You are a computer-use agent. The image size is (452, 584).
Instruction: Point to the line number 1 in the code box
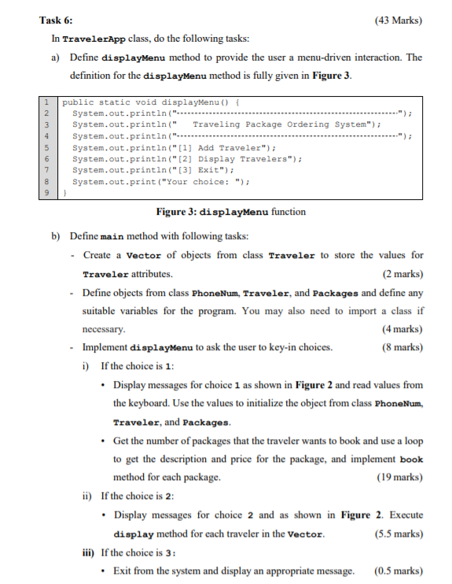[x=48, y=102]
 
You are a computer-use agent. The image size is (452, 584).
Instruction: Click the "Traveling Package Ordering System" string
[x=281, y=124]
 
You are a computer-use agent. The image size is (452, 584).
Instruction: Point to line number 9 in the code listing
[x=48, y=192]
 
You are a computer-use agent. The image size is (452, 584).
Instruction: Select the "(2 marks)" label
[x=402, y=274]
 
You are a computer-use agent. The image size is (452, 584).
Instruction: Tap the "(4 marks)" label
[x=402, y=328]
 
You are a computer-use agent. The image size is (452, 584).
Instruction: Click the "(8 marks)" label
[x=402, y=346]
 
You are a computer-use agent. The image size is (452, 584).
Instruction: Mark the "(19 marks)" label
[x=399, y=477]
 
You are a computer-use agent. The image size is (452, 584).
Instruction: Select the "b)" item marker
[x=56, y=237]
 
